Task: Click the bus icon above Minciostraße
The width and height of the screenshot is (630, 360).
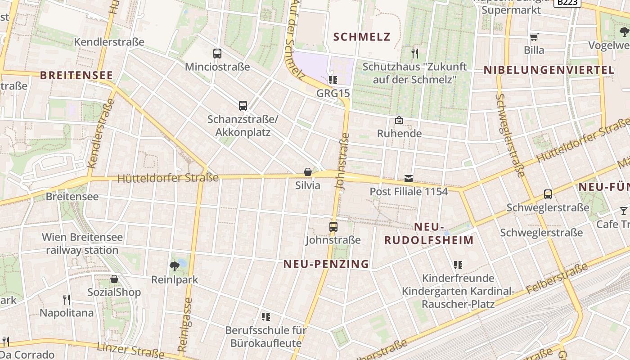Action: [x=217, y=54]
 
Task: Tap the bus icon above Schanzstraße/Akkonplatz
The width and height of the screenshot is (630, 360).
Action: [x=243, y=106]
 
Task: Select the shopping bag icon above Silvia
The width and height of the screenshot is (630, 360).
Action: [x=308, y=172]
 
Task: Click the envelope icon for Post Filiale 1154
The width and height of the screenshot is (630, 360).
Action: [x=409, y=178]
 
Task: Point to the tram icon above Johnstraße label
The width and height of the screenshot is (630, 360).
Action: [x=333, y=227]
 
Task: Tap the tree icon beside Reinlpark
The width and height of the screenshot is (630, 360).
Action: [x=174, y=266]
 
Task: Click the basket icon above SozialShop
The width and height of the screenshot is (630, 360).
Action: [x=114, y=279]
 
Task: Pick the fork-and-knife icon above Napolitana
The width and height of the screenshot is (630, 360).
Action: [x=67, y=299]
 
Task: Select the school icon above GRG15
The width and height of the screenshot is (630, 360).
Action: [x=333, y=80]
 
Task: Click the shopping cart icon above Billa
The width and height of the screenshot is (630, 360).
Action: [x=534, y=37]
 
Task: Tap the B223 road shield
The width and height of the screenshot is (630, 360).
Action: [x=567, y=2]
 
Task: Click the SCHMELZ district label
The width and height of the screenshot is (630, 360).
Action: [x=362, y=37]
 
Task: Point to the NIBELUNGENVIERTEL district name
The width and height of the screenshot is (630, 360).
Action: [x=549, y=70]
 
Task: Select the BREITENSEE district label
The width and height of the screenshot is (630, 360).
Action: [x=76, y=75]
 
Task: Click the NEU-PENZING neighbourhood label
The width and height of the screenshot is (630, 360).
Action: [x=326, y=264]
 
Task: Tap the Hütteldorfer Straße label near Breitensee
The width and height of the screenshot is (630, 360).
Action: [x=168, y=178]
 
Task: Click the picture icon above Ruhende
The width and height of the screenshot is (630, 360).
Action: [x=399, y=120]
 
